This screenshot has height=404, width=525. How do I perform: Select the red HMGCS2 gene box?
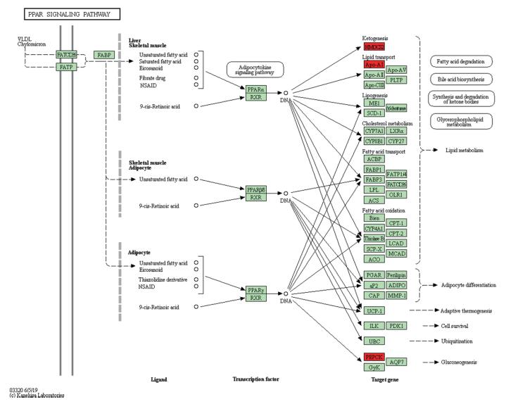[374, 46]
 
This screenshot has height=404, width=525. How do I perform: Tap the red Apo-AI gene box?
[374, 64]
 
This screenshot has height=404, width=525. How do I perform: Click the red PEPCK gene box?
[374, 357]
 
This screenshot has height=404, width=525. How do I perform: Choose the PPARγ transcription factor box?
[255, 289]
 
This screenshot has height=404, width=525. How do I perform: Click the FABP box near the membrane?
[104, 55]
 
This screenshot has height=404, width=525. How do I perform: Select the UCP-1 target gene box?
[374, 310]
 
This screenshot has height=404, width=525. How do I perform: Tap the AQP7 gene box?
[396, 362]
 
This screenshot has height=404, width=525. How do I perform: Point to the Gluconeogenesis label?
[458, 362]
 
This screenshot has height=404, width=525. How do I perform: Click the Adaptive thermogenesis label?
[467, 310]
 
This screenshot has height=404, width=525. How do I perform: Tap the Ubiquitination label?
[459, 341]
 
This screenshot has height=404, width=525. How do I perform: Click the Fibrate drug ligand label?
[154, 77]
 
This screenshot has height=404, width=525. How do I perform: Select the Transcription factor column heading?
[256, 379]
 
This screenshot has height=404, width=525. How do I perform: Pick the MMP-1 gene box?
[396, 295]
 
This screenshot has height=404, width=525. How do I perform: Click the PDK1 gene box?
[396, 326]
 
